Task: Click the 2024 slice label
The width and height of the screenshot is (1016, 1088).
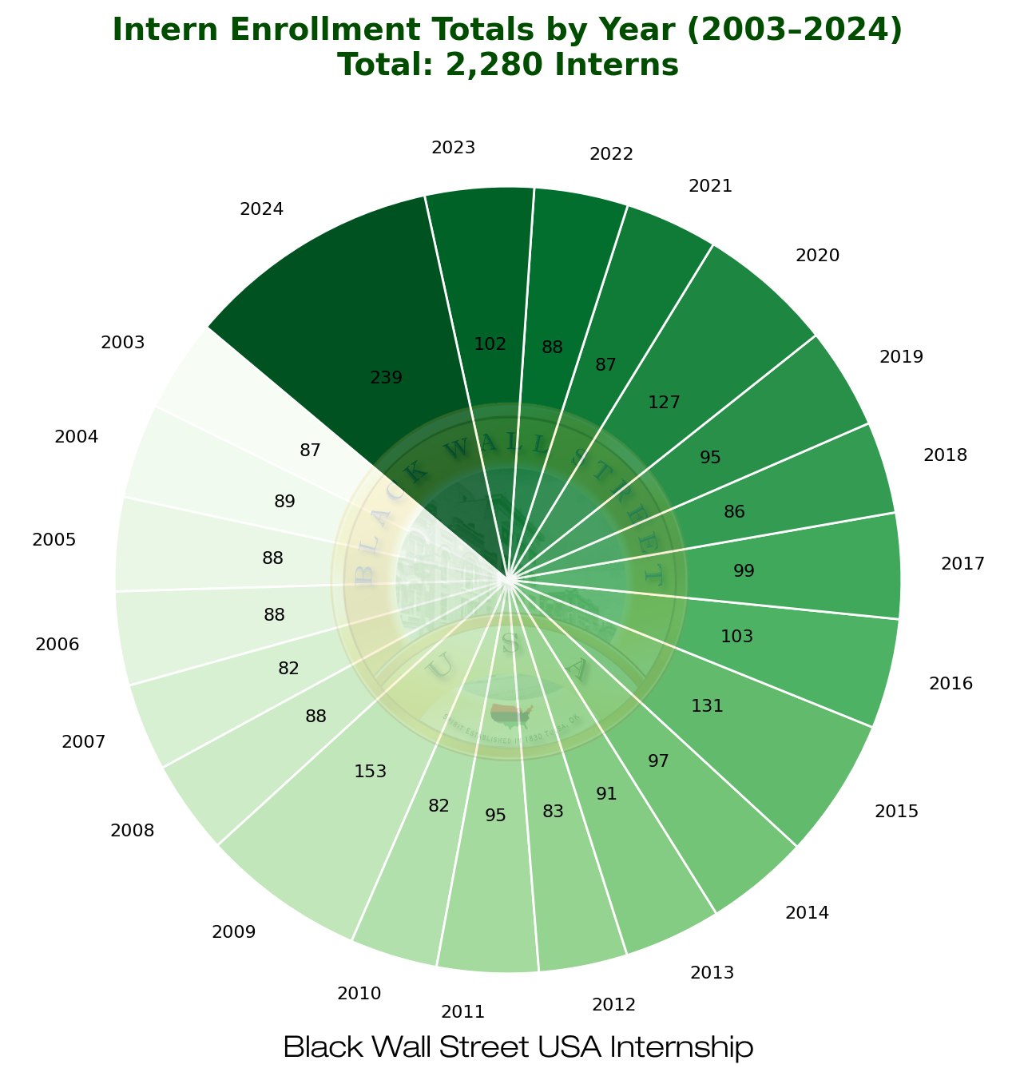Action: point(261,209)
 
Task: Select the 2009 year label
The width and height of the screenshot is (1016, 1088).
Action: point(234,931)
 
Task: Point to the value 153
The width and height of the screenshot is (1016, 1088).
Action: point(371,772)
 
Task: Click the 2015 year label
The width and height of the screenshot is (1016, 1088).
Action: point(897,812)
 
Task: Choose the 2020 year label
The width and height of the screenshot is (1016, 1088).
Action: point(818,256)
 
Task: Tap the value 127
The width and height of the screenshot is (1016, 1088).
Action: point(665,403)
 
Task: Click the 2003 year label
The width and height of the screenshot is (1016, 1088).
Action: point(123,343)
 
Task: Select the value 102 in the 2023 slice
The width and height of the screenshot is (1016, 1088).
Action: point(490,344)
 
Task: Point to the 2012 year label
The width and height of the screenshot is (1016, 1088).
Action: point(613,1004)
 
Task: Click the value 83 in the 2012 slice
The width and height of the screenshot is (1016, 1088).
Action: point(553,812)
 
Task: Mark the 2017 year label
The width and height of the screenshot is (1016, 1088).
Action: point(962,564)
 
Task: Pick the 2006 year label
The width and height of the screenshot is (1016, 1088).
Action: point(58,644)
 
